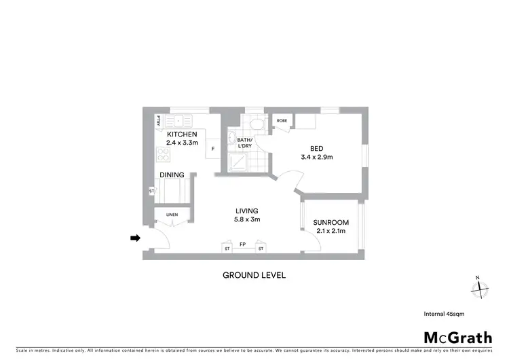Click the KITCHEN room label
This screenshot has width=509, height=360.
(182, 134)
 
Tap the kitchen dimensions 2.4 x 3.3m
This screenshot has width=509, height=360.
(182, 143)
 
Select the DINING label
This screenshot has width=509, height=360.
(172, 175)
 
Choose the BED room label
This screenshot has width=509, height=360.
(316, 148)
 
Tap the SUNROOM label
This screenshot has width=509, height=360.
(331, 222)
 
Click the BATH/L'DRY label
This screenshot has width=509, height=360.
(244, 143)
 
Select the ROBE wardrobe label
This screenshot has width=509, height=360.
(282, 121)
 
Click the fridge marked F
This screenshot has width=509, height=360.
(213, 149)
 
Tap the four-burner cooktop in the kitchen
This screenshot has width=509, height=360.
(163, 154)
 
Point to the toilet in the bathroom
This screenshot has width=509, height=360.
(254, 124)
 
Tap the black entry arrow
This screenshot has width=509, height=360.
(135, 238)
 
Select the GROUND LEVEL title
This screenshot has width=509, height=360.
(254, 275)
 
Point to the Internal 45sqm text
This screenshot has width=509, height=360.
(444, 314)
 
